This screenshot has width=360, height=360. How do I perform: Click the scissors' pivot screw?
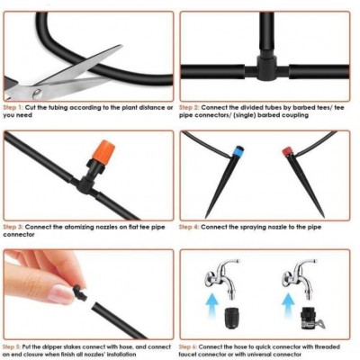click(38, 94)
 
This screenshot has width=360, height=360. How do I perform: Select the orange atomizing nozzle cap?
click(103, 152)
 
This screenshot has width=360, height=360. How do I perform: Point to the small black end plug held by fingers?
click(80, 292)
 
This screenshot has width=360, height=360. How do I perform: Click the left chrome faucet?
click(223, 277)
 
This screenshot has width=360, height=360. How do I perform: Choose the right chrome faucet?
click(300, 277)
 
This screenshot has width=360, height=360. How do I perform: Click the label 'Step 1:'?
click(13, 107)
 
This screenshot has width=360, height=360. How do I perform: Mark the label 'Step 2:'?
click(189, 107)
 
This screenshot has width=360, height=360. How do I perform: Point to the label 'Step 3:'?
click(13, 227)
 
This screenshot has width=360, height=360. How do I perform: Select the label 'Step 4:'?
click(189, 227)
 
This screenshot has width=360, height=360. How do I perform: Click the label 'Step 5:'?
click(12, 346)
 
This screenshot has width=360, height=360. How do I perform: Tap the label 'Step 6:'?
click(188, 346)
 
